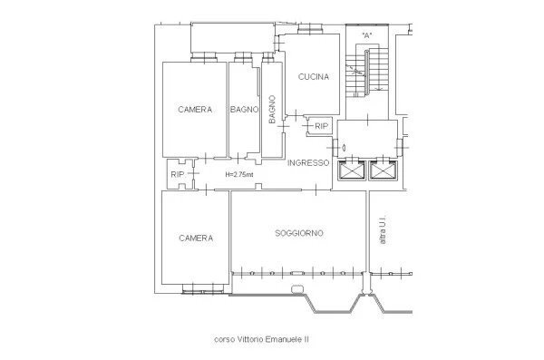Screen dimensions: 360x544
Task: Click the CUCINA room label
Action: pos(314,77)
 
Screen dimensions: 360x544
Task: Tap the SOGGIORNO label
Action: pos(299,233)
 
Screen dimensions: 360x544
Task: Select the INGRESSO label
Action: pos(307,163)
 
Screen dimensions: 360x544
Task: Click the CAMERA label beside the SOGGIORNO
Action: pos(196,238)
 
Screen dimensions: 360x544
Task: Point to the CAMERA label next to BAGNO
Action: pos(196,110)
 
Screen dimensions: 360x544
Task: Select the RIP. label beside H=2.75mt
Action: pos(178,175)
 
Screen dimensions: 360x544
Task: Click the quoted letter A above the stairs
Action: pos(366,35)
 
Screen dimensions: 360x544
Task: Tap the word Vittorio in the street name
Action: pos(257,341)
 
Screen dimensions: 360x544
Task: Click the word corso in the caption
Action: pos(224,341)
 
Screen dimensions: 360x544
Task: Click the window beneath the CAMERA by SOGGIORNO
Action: pos(196,288)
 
